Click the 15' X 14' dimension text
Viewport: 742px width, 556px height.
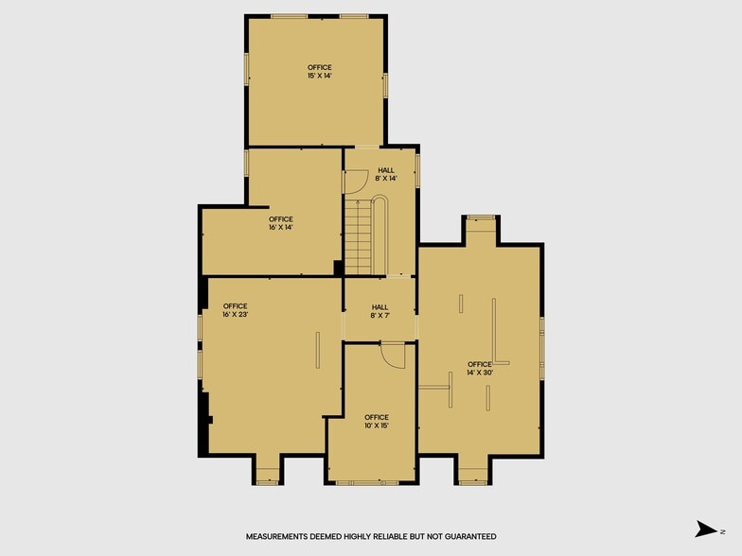click(x=320, y=76)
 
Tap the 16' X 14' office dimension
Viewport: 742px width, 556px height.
click(x=280, y=227)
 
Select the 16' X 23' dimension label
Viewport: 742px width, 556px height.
click(x=235, y=314)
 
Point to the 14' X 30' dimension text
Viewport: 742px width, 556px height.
click(x=480, y=373)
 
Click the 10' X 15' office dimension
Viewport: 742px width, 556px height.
click(x=377, y=426)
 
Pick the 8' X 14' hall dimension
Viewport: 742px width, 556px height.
click(x=386, y=179)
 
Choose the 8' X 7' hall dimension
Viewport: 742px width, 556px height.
click(x=380, y=316)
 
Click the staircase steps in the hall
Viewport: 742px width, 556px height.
click(x=358, y=237)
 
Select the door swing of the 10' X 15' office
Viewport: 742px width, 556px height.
click(x=394, y=356)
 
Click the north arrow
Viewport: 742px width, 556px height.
click(x=706, y=530)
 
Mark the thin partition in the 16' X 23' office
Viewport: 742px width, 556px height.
click(x=318, y=350)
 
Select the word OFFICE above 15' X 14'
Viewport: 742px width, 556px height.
click(x=320, y=68)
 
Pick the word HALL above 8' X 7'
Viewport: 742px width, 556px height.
click(x=380, y=307)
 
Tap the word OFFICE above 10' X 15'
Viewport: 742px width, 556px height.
click(x=377, y=418)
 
